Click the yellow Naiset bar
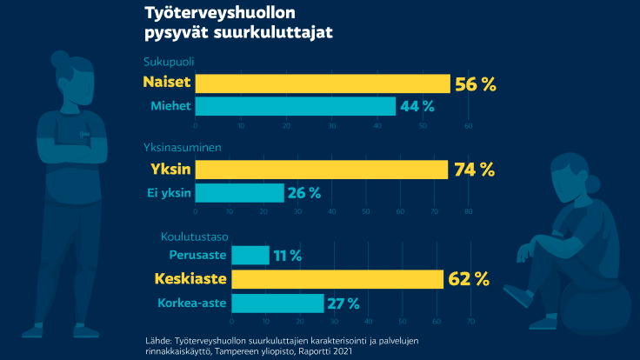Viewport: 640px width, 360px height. pyautogui.click(x=323, y=83)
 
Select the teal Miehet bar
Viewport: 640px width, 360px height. pyautogui.click(x=296, y=106)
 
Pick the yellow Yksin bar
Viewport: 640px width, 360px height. pyautogui.click(x=322, y=170)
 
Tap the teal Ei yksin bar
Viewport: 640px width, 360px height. pyautogui.click(x=240, y=192)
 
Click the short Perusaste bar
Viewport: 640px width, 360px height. pyautogui.click(x=252, y=256)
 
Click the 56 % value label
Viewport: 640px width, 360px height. pyautogui.click(x=477, y=83)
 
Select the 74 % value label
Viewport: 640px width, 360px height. pyautogui.click(x=474, y=170)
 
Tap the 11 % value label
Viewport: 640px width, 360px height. pyautogui.click(x=288, y=256)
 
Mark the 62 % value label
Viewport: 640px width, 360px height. pyautogui.click(x=470, y=279)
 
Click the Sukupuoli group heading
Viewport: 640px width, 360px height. pyautogui.click(x=169, y=62)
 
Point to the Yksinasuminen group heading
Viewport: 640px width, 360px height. pyautogui.click(x=183, y=147)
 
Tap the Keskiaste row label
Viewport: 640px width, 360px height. pyautogui.click(x=190, y=279)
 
